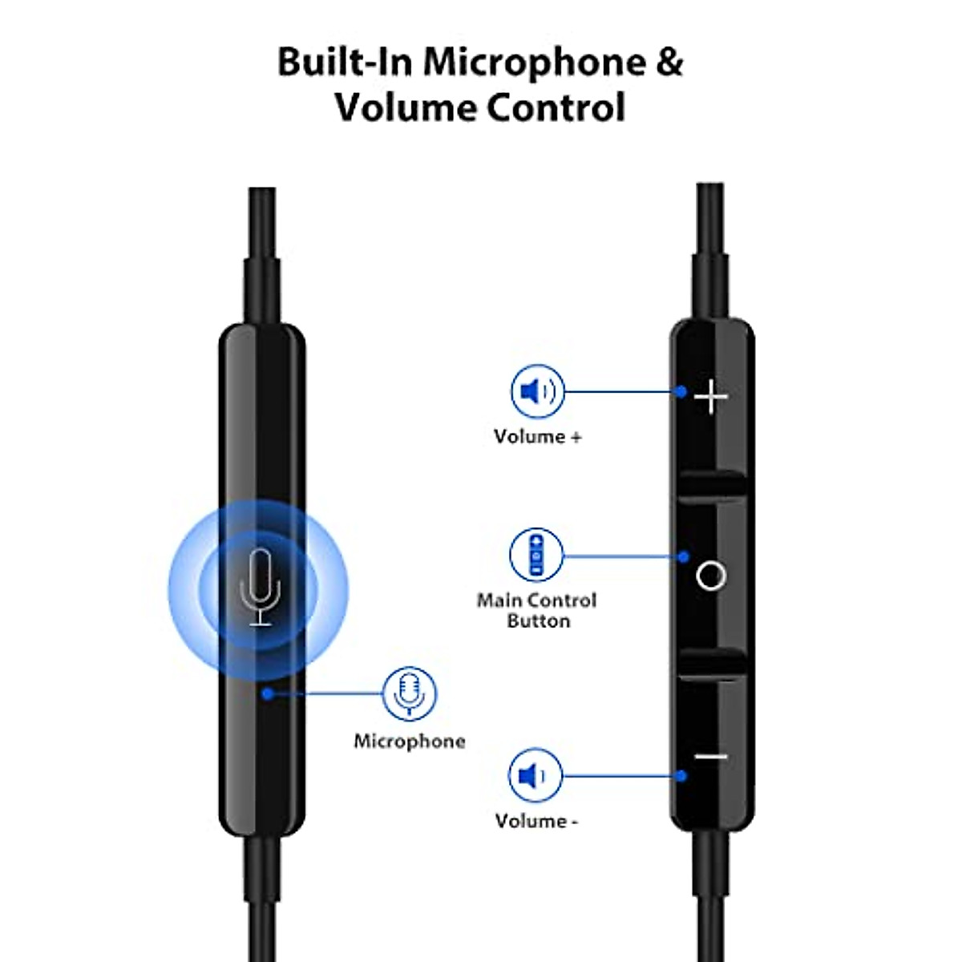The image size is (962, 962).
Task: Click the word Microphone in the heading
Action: (x=534, y=63)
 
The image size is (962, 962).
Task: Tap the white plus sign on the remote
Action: (x=711, y=397)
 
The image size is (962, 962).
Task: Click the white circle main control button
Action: (x=711, y=576)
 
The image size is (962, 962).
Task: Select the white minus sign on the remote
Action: (x=711, y=756)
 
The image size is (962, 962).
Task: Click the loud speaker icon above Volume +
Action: (x=537, y=392)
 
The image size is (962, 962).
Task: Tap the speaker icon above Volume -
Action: (x=535, y=775)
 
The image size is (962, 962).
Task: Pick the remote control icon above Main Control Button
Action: (x=536, y=555)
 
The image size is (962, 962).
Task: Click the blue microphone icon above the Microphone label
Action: (x=410, y=693)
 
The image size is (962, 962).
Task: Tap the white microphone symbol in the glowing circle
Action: (x=260, y=587)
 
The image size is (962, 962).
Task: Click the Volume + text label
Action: (x=537, y=437)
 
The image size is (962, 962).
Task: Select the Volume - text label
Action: (x=536, y=821)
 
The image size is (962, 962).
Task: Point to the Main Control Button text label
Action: (x=537, y=610)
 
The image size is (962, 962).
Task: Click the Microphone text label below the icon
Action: (x=410, y=742)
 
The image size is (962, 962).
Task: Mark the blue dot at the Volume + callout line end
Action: (x=681, y=392)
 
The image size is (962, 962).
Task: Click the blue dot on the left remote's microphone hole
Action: (x=268, y=693)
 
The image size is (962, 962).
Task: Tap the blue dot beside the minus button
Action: (x=681, y=775)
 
